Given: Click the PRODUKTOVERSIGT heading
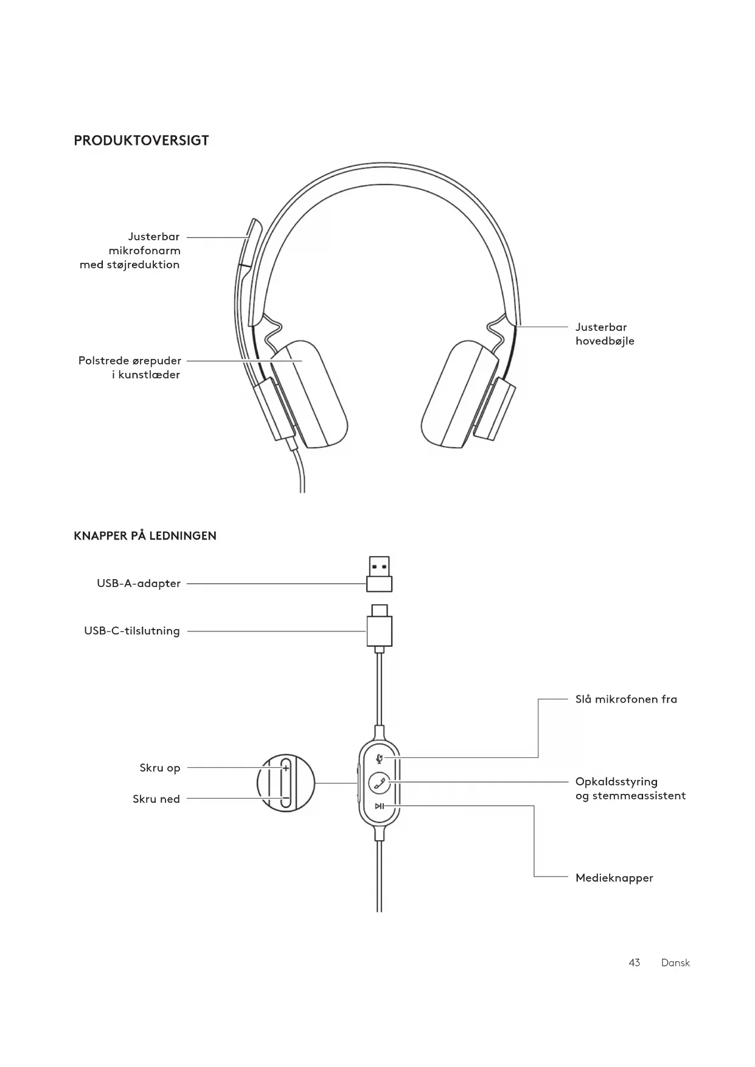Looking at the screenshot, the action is [141, 141].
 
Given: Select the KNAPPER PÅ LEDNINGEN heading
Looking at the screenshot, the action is [145, 536].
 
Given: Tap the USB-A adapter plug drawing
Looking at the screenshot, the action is [379, 574].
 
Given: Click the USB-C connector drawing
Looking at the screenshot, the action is [379, 628].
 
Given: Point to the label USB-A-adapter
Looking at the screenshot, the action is [139, 583].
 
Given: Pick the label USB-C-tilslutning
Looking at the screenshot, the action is [132, 631].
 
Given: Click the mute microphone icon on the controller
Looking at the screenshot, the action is [380, 758].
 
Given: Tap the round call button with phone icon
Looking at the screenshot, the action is [380, 782].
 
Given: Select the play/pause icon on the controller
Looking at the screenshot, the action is [379, 806].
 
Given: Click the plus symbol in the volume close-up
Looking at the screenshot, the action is [286, 768].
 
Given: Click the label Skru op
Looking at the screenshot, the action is [160, 768].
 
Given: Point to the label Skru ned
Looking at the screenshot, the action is [156, 799].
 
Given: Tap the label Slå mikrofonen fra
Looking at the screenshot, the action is [626, 699].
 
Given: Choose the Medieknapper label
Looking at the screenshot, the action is [614, 878].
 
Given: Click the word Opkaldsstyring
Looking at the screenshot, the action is [616, 782].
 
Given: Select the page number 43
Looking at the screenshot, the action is [634, 963].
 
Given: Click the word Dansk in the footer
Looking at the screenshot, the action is [675, 963].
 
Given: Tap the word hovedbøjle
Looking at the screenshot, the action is [605, 341].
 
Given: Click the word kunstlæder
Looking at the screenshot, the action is [149, 375].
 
